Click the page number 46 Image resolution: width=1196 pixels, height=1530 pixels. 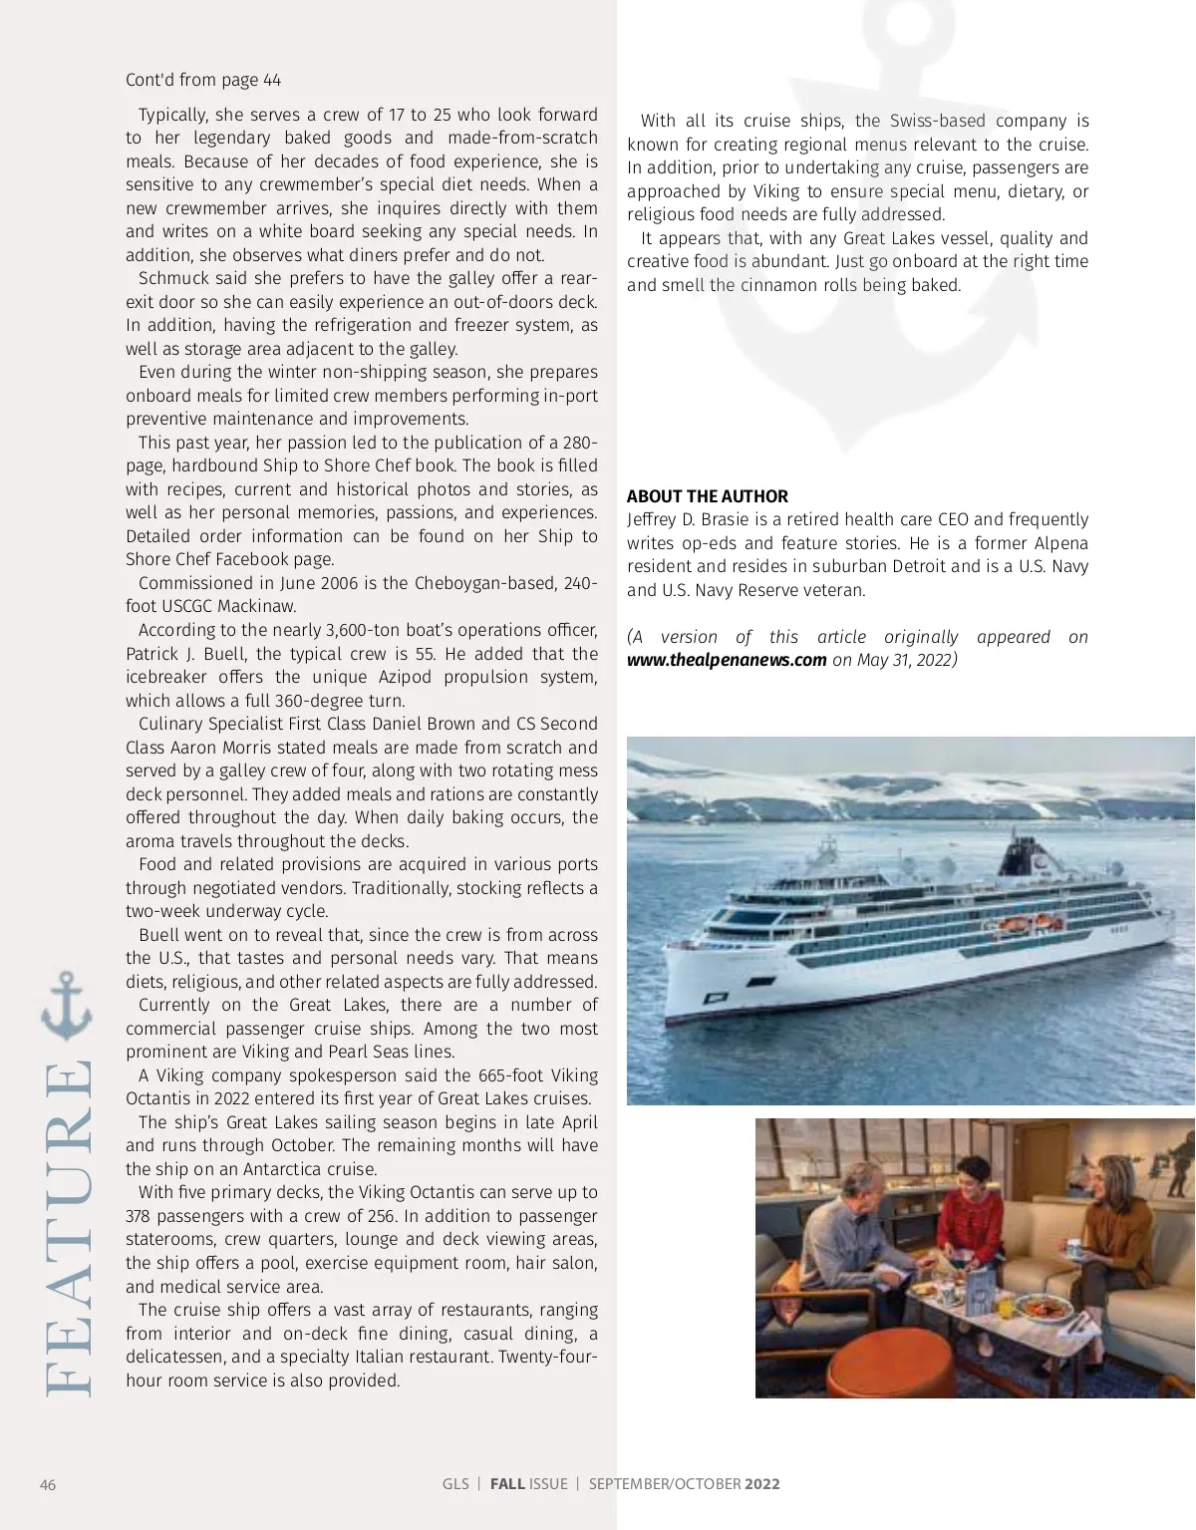(48, 1484)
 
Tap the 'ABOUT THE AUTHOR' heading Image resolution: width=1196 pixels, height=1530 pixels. (707, 496)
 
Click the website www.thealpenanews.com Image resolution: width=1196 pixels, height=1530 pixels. (727, 660)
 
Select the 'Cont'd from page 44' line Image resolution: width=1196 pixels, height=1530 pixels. (203, 80)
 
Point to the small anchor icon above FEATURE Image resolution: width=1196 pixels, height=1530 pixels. (67, 1006)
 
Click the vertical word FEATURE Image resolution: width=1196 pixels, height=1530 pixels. (68, 1227)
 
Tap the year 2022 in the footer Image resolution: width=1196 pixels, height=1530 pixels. (761, 1483)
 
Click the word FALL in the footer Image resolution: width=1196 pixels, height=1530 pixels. (507, 1483)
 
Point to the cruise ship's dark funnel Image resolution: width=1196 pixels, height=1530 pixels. (1023, 858)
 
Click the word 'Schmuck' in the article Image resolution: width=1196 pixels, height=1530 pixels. (172, 278)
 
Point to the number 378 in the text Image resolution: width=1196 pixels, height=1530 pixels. (139, 1216)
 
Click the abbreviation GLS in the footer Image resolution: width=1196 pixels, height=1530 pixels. (455, 1483)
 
